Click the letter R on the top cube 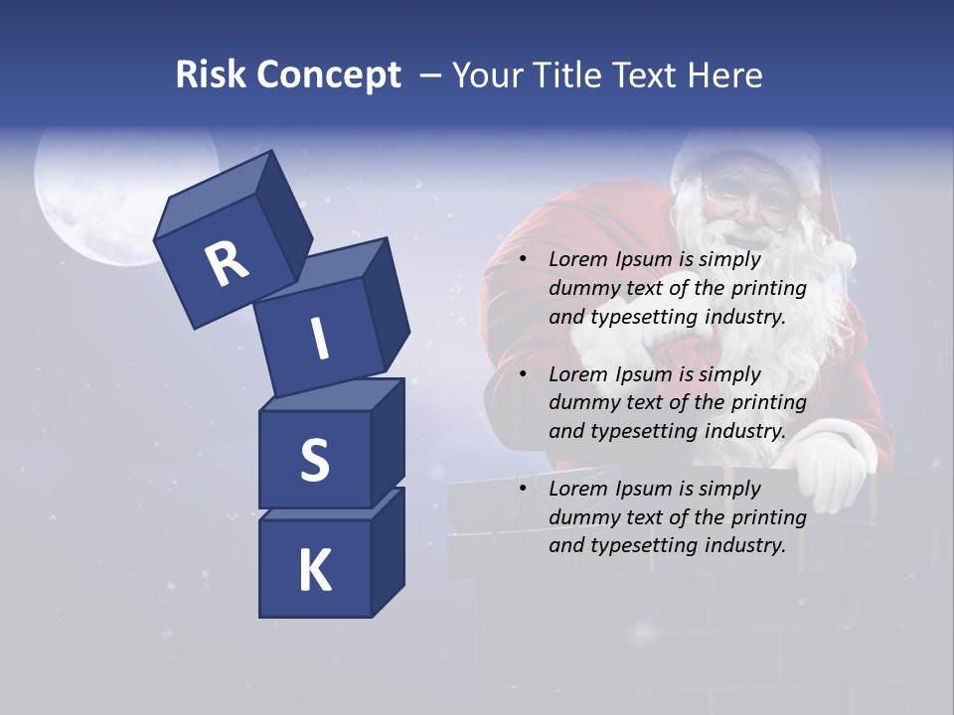click(227, 263)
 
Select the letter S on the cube click(314, 459)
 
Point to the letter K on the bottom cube click(314, 571)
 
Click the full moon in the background click(109, 199)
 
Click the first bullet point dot click(524, 260)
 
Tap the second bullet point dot click(524, 375)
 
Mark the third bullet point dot click(524, 490)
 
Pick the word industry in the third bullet click(744, 545)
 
